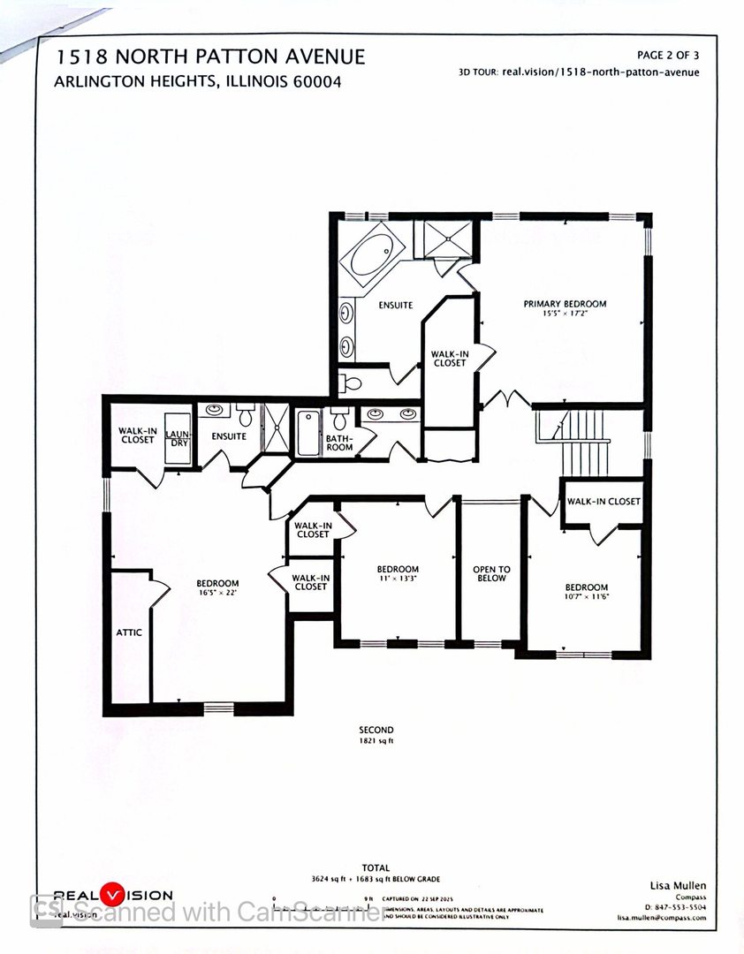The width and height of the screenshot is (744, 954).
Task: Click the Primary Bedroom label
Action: click(x=565, y=305)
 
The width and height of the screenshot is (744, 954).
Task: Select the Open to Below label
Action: click(x=491, y=573)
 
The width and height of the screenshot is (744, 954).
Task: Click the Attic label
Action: click(x=128, y=632)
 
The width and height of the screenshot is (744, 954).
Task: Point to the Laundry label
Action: click(x=178, y=438)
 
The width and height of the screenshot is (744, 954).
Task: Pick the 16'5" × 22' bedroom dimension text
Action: click(x=217, y=593)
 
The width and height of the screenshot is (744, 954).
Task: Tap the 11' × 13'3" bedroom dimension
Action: click(x=398, y=579)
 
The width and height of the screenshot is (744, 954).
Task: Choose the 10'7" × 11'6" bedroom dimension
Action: click(x=587, y=597)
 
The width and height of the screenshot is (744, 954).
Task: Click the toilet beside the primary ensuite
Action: click(x=351, y=383)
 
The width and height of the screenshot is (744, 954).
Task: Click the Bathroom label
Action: click(x=339, y=443)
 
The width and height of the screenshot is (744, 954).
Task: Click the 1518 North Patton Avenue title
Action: click(x=210, y=57)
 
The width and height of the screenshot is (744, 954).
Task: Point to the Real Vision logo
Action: click(x=113, y=894)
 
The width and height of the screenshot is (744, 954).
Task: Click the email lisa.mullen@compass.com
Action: click(x=661, y=918)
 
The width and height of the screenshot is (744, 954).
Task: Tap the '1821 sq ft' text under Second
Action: click(x=376, y=740)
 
